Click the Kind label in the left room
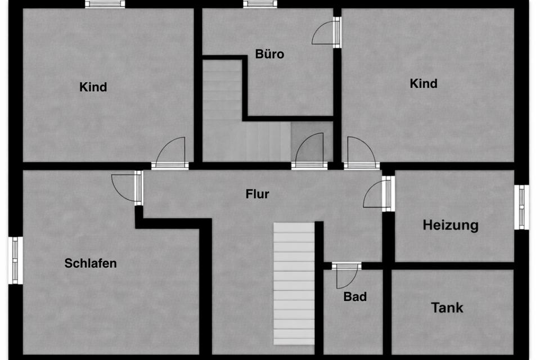tap(93, 87)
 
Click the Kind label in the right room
tap(424, 84)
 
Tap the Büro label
tap(270, 55)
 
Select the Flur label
tap(258, 195)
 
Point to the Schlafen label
tap(91, 263)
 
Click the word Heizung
tap(451, 226)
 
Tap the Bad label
tap(355, 296)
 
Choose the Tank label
tap(447, 308)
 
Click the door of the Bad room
tap(346, 275)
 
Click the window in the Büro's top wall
tap(260, 4)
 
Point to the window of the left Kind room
tap(105, 4)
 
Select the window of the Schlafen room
tap(16, 260)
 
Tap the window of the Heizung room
tap(523, 207)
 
